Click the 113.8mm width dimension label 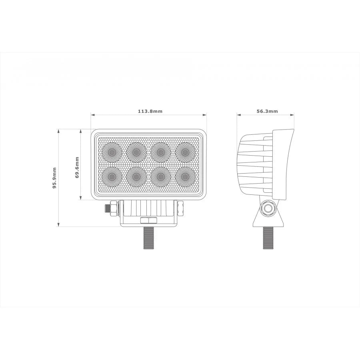pyautogui.click(x=150, y=111)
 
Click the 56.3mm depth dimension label pyautogui.click(x=267, y=111)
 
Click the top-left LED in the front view pyautogui.click(x=112, y=152)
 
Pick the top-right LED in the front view pyautogui.click(x=185, y=152)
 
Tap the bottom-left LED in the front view pyautogui.click(x=112, y=176)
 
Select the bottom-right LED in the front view pyautogui.click(x=185, y=176)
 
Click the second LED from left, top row pyautogui.click(x=136, y=152)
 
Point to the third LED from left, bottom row pyautogui.click(x=161, y=176)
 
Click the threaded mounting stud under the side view pyautogui.click(x=268, y=238)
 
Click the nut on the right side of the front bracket pyautogui.click(x=180, y=207)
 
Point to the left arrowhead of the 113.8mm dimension pyautogui.click(x=92, y=115)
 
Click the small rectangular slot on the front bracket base pyautogui.click(x=148, y=220)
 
